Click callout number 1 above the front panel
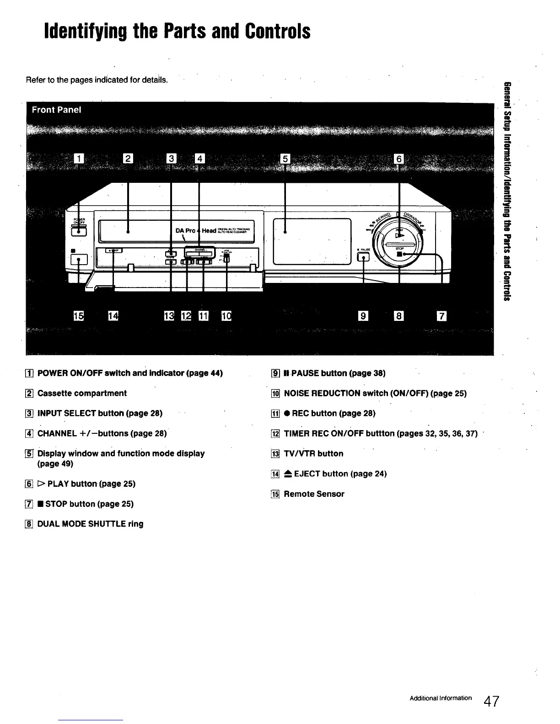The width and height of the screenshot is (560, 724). (79, 159)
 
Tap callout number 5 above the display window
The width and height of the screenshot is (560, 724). (285, 159)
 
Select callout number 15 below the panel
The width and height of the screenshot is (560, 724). (79, 316)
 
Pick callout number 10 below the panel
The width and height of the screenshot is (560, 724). (226, 316)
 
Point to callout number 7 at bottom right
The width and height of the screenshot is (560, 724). (442, 316)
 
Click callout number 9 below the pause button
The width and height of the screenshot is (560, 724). (363, 316)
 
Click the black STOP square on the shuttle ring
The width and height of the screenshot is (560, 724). (399, 254)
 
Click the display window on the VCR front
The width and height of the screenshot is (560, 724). (312, 241)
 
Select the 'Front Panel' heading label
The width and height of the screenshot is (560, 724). (57, 110)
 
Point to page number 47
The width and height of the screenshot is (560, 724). (492, 701)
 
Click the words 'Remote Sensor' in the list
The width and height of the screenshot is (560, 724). (314, 494)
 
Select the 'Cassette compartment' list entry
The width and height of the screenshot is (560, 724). (82, 394)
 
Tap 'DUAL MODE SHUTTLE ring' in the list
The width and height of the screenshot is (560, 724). (90, 524)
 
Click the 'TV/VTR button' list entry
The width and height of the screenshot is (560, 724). (313, 454)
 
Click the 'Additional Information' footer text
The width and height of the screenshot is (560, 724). (441, 698)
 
